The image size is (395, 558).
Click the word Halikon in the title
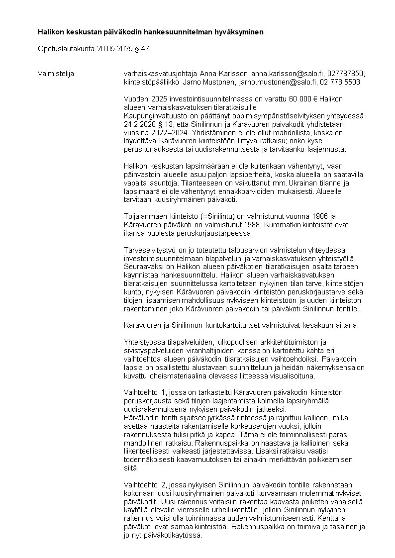coord(50,32)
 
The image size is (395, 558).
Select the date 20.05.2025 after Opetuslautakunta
coord(115,49)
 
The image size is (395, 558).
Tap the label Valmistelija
coord(56,74)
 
